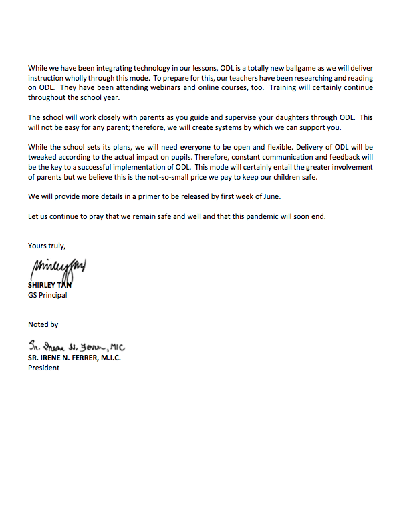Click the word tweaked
coord(42,157)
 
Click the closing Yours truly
coord(46,246)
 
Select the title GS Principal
coord(47,295)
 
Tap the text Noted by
coord(43,324)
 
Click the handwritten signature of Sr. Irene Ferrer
coord(77,347)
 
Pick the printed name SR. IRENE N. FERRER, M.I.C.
coord(74,358)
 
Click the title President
coord(43,367)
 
